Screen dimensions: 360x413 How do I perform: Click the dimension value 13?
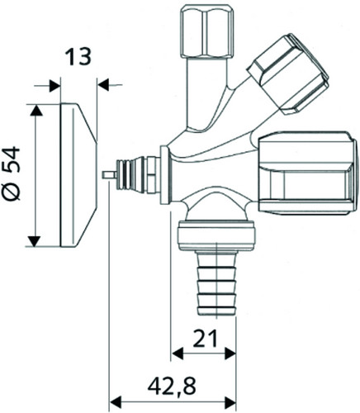pos(79,57)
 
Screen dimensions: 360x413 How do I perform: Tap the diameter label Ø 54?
pos(12,173)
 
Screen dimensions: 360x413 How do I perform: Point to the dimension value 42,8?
pos(172,386)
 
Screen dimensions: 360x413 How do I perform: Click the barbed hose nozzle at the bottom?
pos(217,282)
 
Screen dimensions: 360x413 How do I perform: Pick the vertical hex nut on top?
pos(208,31)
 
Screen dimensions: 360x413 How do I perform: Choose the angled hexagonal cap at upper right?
pos(288,74)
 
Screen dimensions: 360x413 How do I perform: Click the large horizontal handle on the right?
pos(306,173)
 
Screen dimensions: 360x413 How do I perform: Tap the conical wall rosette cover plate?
pos(78,175)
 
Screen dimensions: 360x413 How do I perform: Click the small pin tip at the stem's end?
pos(109,175)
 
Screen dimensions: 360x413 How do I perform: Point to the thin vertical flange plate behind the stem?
pos(164,175)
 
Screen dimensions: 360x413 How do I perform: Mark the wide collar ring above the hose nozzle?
pos(217,235)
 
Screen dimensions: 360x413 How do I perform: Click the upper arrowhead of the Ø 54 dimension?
pos(36,110)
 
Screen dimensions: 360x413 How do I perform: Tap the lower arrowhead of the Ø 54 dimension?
pos(34,241)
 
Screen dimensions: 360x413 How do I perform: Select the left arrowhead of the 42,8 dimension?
pos(116,403)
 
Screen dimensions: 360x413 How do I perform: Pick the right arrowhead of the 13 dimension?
pos(103,85)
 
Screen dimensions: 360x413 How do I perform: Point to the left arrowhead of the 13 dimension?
pos(54,86)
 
